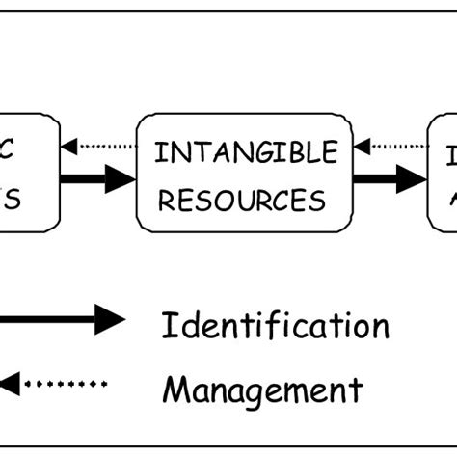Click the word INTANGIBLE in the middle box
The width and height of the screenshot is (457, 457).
pos(247,152)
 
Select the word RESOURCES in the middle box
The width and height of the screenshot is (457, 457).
pos(242,200)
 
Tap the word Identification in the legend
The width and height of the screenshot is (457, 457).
pos(275,325)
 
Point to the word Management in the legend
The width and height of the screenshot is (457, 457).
pos(262,390)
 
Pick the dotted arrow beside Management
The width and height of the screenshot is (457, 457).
pos(53,384)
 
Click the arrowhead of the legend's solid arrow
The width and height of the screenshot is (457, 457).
pos(109,319)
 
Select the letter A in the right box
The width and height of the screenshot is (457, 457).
pos(450,200)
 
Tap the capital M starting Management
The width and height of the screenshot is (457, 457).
pos(175,390)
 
